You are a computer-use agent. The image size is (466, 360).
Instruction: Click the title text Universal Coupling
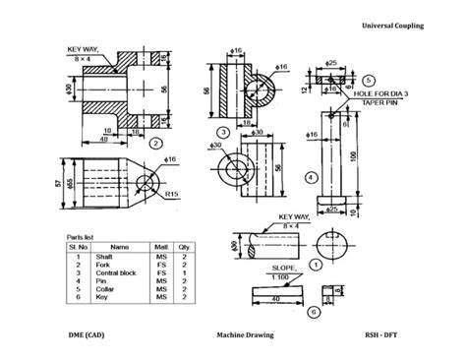point(392,25)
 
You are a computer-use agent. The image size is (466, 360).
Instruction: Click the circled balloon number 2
point(154,142)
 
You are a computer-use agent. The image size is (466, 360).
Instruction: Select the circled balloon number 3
point(224,132)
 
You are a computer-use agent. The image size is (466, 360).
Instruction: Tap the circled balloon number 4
point(312,177)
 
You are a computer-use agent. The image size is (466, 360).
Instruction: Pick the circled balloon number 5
point(368,80)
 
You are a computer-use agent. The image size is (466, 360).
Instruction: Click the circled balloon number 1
point(316,264)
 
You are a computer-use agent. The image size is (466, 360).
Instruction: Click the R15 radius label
point(171,195)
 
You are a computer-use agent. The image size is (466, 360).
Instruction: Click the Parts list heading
point(82,237)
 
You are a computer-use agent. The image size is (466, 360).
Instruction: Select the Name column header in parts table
point(119,247)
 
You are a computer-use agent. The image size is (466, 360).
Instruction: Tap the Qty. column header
point(184,247)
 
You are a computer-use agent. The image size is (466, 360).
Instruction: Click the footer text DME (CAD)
point(89,335)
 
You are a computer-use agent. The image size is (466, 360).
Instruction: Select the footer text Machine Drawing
point(245,335)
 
